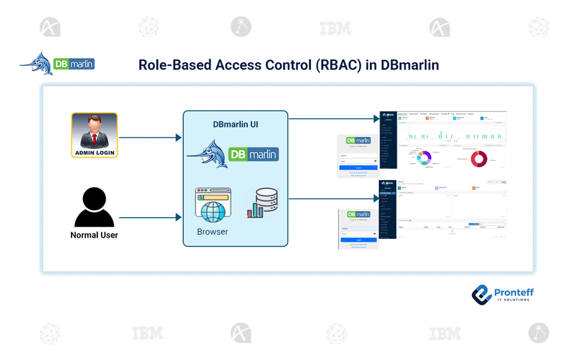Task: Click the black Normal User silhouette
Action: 94,208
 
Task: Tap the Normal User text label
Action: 94,235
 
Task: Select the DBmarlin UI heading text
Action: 235,125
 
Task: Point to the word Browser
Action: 213,232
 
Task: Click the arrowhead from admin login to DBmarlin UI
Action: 178,138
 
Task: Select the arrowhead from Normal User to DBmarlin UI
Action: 178,218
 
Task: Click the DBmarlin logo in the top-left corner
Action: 58,64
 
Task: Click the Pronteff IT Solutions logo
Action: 503,294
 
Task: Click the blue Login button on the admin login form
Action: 358,168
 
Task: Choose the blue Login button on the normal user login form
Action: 358,239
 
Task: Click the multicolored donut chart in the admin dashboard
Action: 424,158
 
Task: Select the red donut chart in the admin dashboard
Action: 479,158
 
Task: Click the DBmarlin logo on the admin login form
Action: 358,140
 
